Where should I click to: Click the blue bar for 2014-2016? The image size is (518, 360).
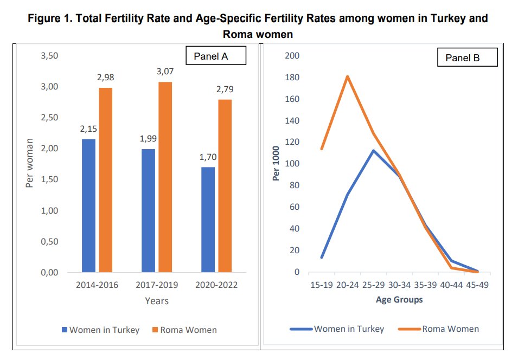tap(88, 205)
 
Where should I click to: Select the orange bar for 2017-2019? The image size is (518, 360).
tap(165, 177)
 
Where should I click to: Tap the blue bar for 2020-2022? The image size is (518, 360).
tap(208, 220)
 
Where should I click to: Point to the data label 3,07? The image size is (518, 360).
tap(165, 72)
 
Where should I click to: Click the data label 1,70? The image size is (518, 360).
tap(208, 157)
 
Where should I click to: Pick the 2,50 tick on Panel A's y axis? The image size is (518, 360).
tap(50, 118)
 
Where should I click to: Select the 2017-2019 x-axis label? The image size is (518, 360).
tap(157, 285)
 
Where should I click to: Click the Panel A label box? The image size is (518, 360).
tap(216, 56)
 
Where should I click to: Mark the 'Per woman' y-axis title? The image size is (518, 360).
tap(30, 163)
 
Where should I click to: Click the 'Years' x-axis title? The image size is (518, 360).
tap(157, 300)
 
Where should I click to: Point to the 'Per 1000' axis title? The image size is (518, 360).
tap(277, 163)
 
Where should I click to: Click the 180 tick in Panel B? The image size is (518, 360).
tap(292, 78)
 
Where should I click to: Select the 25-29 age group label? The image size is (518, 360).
tap(373, 285)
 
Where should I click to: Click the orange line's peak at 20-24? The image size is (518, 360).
tap(347, 76)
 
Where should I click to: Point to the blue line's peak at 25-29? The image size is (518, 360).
tap(373, 151)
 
